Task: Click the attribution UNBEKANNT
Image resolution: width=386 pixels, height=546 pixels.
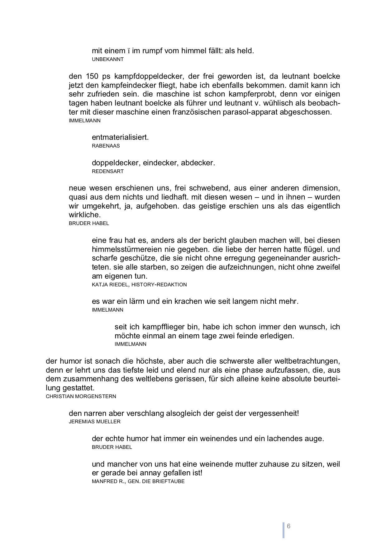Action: coord(107,59)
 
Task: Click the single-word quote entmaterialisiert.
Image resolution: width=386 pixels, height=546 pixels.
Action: coord(120,137)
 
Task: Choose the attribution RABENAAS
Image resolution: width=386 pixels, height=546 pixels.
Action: coord(106,146)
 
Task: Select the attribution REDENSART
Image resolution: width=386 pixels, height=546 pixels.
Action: coord(108,172)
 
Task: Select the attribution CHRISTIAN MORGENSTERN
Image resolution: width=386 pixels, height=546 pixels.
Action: coord(81,397)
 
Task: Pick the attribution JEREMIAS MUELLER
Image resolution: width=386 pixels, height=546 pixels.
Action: coord(95,422)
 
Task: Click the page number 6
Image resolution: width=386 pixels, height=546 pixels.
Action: coord(288,526)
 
